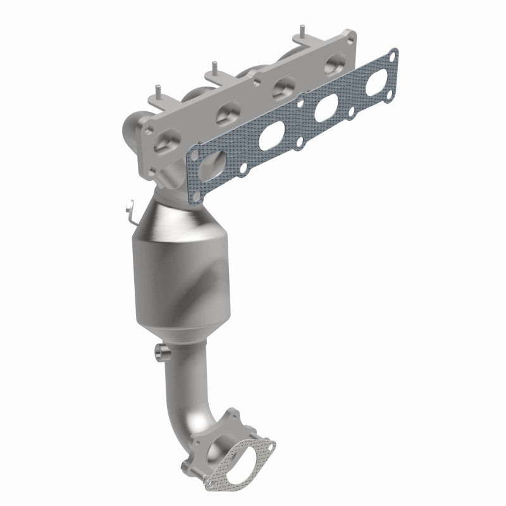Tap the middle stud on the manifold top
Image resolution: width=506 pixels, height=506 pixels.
coord(215,66)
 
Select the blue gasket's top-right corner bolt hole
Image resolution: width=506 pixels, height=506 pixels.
coord(392,55)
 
